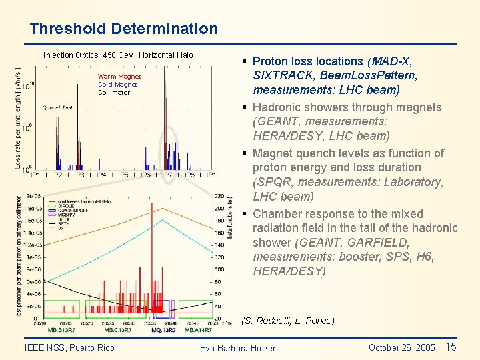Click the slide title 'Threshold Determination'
pyautogui.click(x=123, y=29)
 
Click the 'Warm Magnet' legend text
pyautogui.click(x=119, y=77)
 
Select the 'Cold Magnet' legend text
pyautogui.click(x=117, y=85)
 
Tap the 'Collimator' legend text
pyautogui.click(x=114, y=93)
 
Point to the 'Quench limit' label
pyautogui.click(x=57, y=107)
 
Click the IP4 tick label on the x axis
pyautogui.click(x=101, y=175)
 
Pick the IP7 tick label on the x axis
pyautogui.click(x=167, y=175)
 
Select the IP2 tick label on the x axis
pyautogui.click(x=57, y=175)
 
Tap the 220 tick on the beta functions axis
pyautogui.click(x=219, y=197)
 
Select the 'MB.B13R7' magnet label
pyautogui.click(x=62, y=330)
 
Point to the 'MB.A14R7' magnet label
pyautogui.click(x=198, y=330)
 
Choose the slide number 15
pyautogui.click(x=451, y=347)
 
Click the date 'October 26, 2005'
pyautogui.click(x=401, y=347)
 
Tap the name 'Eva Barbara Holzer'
pyautogui.click(x=237, y=348)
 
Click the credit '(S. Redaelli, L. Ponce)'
pyautogui.click(x=287, y=321)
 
